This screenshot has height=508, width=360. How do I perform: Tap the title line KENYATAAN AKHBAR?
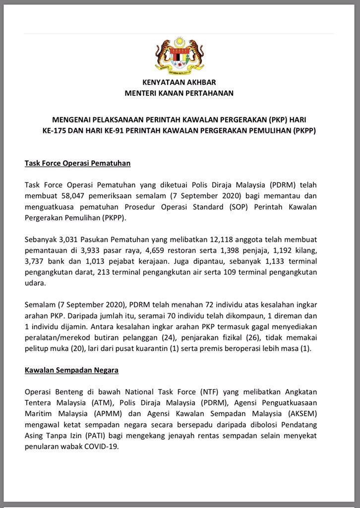(x=179, y=82)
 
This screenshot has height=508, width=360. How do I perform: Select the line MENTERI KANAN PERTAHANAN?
(x=179, y=93)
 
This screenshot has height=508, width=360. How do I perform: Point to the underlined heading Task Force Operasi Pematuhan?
(x=77, y=163)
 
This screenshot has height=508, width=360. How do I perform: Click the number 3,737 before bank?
(x=35, y=260)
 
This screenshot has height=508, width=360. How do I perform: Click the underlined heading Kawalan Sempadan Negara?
(x=71, y=370)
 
